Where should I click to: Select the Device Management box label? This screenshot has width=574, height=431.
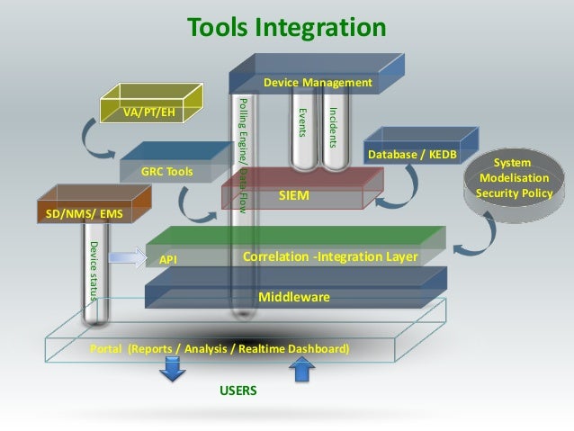pyautogui.click(x=318, y=83)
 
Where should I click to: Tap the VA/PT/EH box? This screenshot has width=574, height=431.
pyautogui.click(x=149, y=113)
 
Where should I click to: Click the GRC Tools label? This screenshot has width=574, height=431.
pyautogui.click(x=166, y=170)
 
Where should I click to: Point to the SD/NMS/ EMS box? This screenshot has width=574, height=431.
pyautogui.click(x=84, y=214)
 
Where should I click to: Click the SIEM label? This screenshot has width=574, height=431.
pyautogui.click(x=293, y=193)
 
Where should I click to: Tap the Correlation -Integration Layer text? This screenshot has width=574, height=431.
pyautogui.click(x=330, y=256)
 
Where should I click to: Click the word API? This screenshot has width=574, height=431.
pyautogui.click(x=167, y=258)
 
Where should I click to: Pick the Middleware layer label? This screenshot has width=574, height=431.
pyautogui.click(x=294, y=297)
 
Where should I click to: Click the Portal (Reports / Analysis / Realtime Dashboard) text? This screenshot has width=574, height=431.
pyautogui.click(x=220, y=348)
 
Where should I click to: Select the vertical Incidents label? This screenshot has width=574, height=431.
pyautogui.click(x=332, y=128)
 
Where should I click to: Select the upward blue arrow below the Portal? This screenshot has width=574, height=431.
pyautogui.click(x=302, y=368)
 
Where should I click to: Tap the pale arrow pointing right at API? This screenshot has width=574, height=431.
pyautogui.click(x=126, y=257)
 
